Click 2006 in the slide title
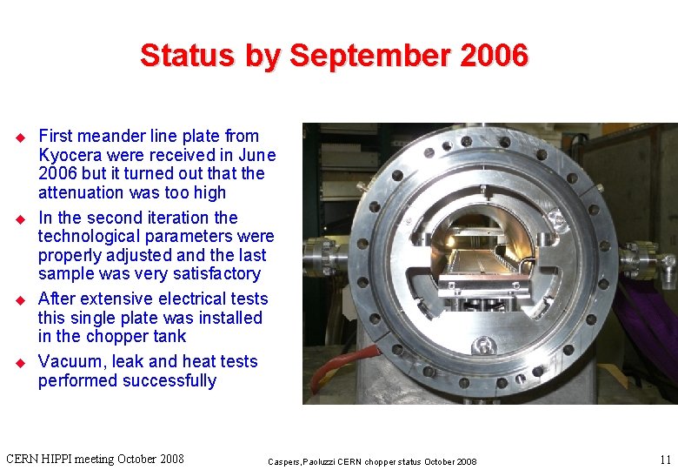(x=495, y=56)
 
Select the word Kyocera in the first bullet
(x=70, y=155)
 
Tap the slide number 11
(x=665, y=459)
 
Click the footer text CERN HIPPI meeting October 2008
(x=95, y=459)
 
